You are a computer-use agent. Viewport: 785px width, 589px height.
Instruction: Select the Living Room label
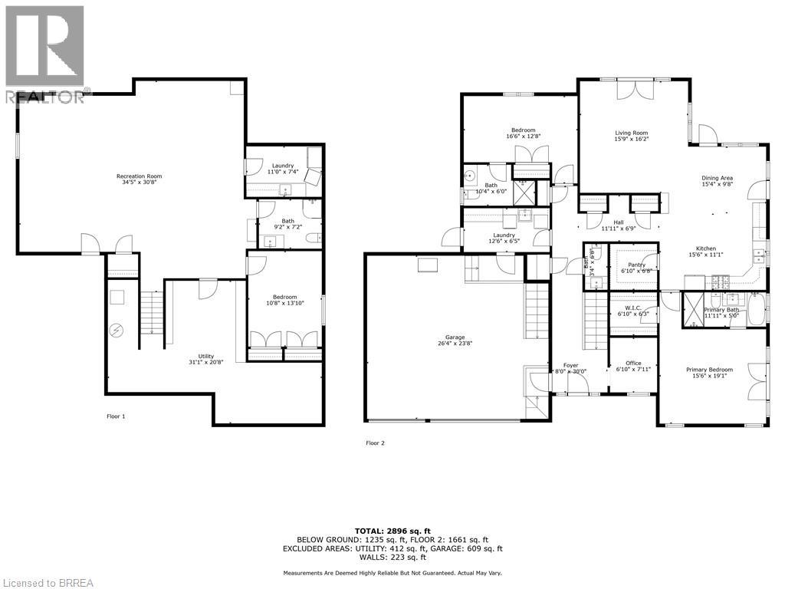tap(632, 133)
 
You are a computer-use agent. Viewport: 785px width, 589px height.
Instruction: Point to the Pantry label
tap(636, 265)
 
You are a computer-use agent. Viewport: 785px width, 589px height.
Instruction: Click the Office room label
tap(633, 364)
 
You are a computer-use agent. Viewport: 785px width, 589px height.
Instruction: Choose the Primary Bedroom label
tap(709, 370)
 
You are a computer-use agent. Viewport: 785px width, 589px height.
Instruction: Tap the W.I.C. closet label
tap(633, 308)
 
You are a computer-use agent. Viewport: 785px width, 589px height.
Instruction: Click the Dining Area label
tap(718, 177)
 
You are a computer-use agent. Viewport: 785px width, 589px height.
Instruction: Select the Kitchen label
tap(706, 248)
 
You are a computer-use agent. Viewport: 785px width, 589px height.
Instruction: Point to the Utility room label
tap(206, 356)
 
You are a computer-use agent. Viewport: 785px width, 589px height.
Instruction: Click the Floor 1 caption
tap(116, 416)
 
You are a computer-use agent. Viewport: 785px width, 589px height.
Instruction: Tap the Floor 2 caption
tap(376, 443)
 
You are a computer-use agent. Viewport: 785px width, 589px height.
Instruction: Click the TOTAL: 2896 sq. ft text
tap(392, 531)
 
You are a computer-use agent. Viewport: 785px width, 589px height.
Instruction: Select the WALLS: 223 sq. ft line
tap(392, 558)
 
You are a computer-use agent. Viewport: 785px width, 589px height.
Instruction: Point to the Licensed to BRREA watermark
tap(48, 582)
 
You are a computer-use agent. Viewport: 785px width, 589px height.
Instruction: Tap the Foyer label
tap(571, 365)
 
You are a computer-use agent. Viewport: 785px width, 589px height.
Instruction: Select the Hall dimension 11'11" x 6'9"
tap(618, 229)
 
